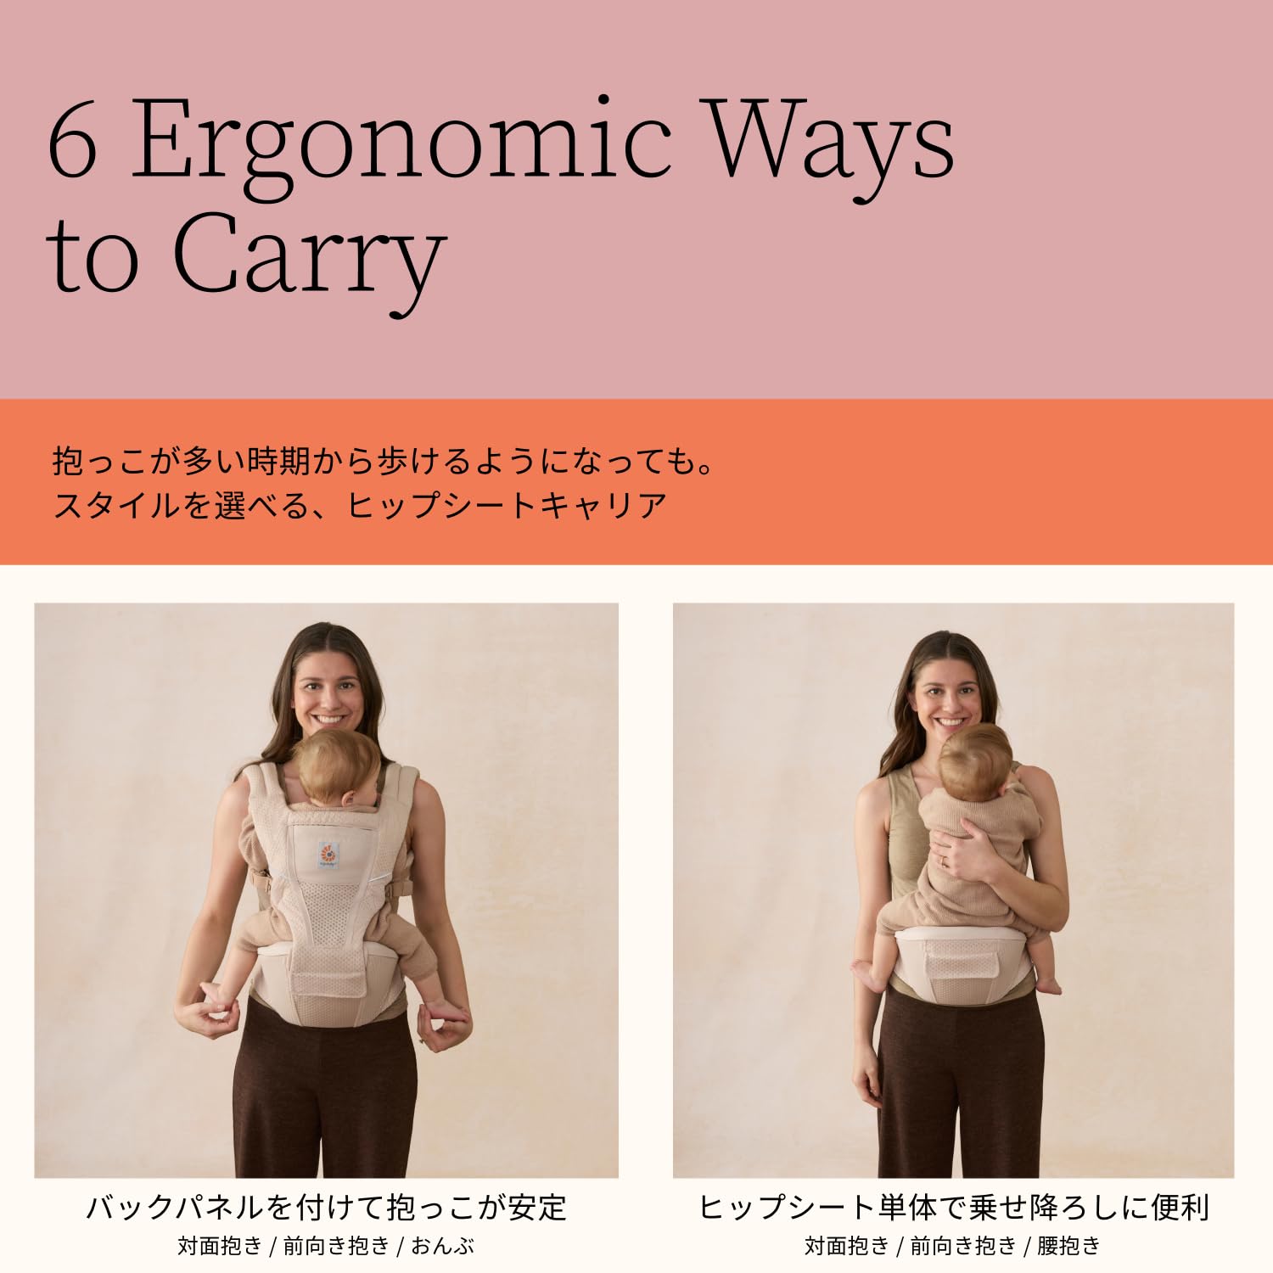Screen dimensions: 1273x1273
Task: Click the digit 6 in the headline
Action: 73,139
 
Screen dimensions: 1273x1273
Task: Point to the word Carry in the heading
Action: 309,259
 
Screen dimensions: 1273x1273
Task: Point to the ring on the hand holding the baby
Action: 943,861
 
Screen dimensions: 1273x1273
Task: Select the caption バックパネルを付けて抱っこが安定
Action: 327,1206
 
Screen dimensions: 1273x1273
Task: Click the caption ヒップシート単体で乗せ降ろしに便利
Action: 954,1206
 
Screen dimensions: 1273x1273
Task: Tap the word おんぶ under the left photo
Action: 442,1246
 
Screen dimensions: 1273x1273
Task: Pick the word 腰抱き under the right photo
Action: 1068,1246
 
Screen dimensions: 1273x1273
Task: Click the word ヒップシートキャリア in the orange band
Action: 508,505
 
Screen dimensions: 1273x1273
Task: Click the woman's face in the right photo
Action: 949,696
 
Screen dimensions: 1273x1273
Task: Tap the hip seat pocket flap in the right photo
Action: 962,964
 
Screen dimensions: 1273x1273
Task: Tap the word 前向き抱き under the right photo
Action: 963,1246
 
